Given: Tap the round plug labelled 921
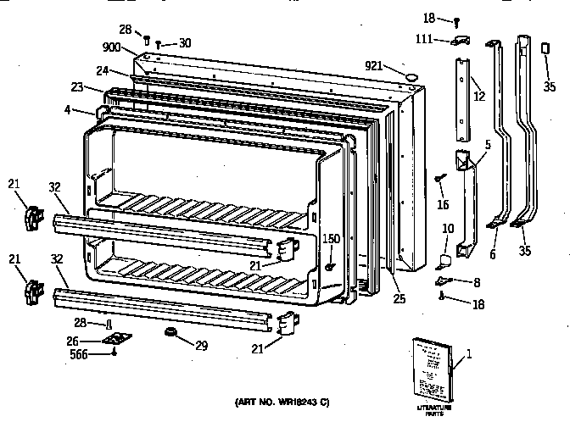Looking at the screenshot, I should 412,77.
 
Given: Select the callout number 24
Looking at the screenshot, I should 103,70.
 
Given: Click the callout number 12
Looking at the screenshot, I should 479,97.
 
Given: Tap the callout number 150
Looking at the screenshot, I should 331,240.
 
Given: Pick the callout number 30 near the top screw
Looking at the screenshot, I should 185,43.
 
